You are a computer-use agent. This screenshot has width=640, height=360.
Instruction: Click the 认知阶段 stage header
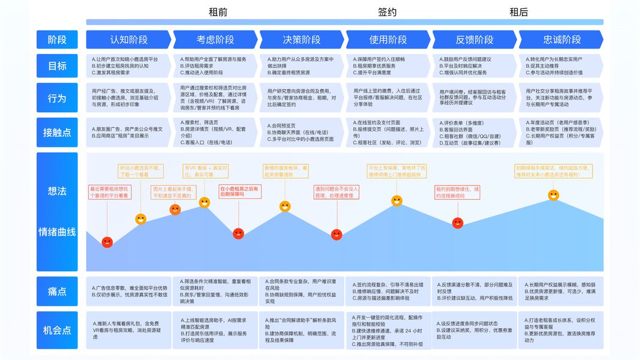click(129, 40)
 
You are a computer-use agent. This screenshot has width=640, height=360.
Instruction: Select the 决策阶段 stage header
click(302, 40)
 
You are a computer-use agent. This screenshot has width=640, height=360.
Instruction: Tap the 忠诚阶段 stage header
click(561, 40)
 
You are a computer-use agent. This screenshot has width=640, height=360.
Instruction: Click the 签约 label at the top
click(387, 12)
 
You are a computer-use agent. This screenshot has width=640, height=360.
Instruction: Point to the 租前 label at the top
click(218, 12)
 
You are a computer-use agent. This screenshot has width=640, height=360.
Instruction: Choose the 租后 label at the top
click(519, 12)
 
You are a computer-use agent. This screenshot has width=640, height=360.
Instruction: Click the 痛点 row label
click(57, 292)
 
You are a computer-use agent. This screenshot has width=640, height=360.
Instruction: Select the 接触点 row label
click(57, 133)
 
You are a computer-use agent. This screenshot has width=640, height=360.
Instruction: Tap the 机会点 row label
click(57, 330)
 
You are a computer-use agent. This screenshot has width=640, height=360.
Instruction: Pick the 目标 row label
click(57, 66)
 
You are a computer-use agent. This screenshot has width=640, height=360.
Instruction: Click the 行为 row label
click(57, 98)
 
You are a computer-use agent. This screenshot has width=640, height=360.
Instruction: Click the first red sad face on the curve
click(107, 242)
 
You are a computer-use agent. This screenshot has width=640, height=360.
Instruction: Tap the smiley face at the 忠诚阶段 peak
click(554, 195)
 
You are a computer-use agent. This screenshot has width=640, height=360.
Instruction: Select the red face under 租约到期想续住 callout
click(458, 223)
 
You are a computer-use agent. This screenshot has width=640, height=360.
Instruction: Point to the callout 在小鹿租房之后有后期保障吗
click(240, 191)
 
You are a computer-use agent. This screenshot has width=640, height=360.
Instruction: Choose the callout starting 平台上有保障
click(396, 171)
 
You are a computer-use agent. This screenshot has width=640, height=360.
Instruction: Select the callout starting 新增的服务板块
click(286, 171)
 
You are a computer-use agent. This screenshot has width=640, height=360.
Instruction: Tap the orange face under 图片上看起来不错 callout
click(175, 209)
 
